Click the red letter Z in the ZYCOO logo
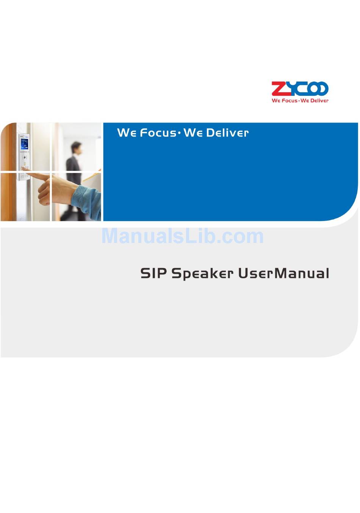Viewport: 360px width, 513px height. pyautogui.click(x=277, y=88)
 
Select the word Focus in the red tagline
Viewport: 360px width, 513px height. pyautogui.click(x=290, y=100)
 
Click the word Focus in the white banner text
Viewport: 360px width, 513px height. pyautogui.click(x=158, y=133)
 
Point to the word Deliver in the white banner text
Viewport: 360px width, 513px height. pyautogui.click(x=227, y=133)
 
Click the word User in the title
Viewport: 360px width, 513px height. pyautogui.click(x=256, y=273)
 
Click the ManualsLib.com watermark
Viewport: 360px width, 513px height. pyautogui.click(x=182, y=236)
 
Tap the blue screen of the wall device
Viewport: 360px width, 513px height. pyautogui.click(x=24, y=144)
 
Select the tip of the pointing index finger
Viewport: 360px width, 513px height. pyautogui.click(x=23, y=169)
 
